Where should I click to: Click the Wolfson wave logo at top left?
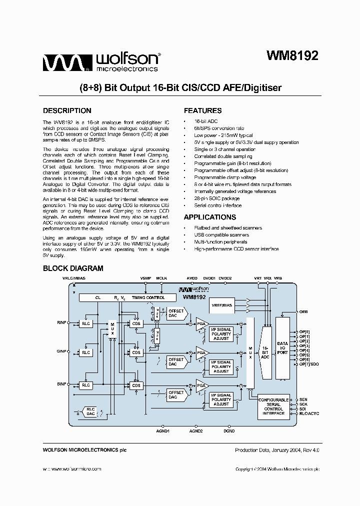click(65, 63)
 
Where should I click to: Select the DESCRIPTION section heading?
click(67, 111)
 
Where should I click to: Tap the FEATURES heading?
click(202, 111)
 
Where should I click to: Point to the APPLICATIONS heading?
click(210, 217)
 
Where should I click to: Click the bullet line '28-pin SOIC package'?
click(216, 198)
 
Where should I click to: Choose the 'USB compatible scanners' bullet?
click(221, 235)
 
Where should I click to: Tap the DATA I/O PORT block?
click(282, 347)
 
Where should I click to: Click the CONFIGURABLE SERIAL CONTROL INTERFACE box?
click(273, 406)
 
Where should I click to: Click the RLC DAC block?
click(90, 411)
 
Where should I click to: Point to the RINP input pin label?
click(61, 323)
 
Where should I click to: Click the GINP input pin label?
click(61, 351)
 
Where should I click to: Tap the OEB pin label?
click(303, 311)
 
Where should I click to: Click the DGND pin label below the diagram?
click(229, 430)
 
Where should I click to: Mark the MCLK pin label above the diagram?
click(161, 277)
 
